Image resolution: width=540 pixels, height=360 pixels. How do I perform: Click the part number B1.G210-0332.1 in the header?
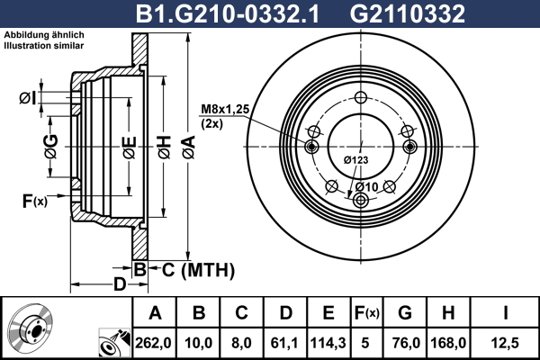tap(228, 13)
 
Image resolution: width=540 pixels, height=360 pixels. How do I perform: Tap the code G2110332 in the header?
tap(408, 13)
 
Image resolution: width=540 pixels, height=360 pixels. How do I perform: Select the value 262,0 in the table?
tap(153, 343)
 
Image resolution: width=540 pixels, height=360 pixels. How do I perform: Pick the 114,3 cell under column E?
tap(328, 343)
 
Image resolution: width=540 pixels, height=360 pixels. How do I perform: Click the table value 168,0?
tap(448, 343)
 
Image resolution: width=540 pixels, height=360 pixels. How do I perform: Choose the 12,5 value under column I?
tap(505, 343)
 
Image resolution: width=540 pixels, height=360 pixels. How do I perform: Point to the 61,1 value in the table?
tap(284, 343)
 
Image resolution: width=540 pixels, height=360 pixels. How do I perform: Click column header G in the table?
tap(405, 313)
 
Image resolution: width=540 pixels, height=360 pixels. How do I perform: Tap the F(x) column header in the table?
tap(366, 313)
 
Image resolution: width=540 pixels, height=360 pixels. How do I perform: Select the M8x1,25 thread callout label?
tap(225, 109)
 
